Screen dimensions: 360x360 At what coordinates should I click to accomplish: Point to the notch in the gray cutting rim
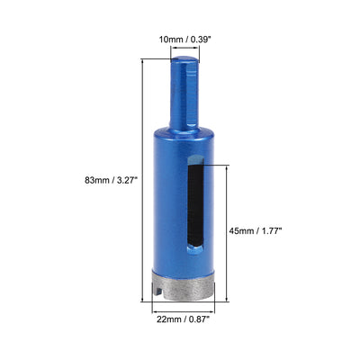(x=158, y=290)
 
